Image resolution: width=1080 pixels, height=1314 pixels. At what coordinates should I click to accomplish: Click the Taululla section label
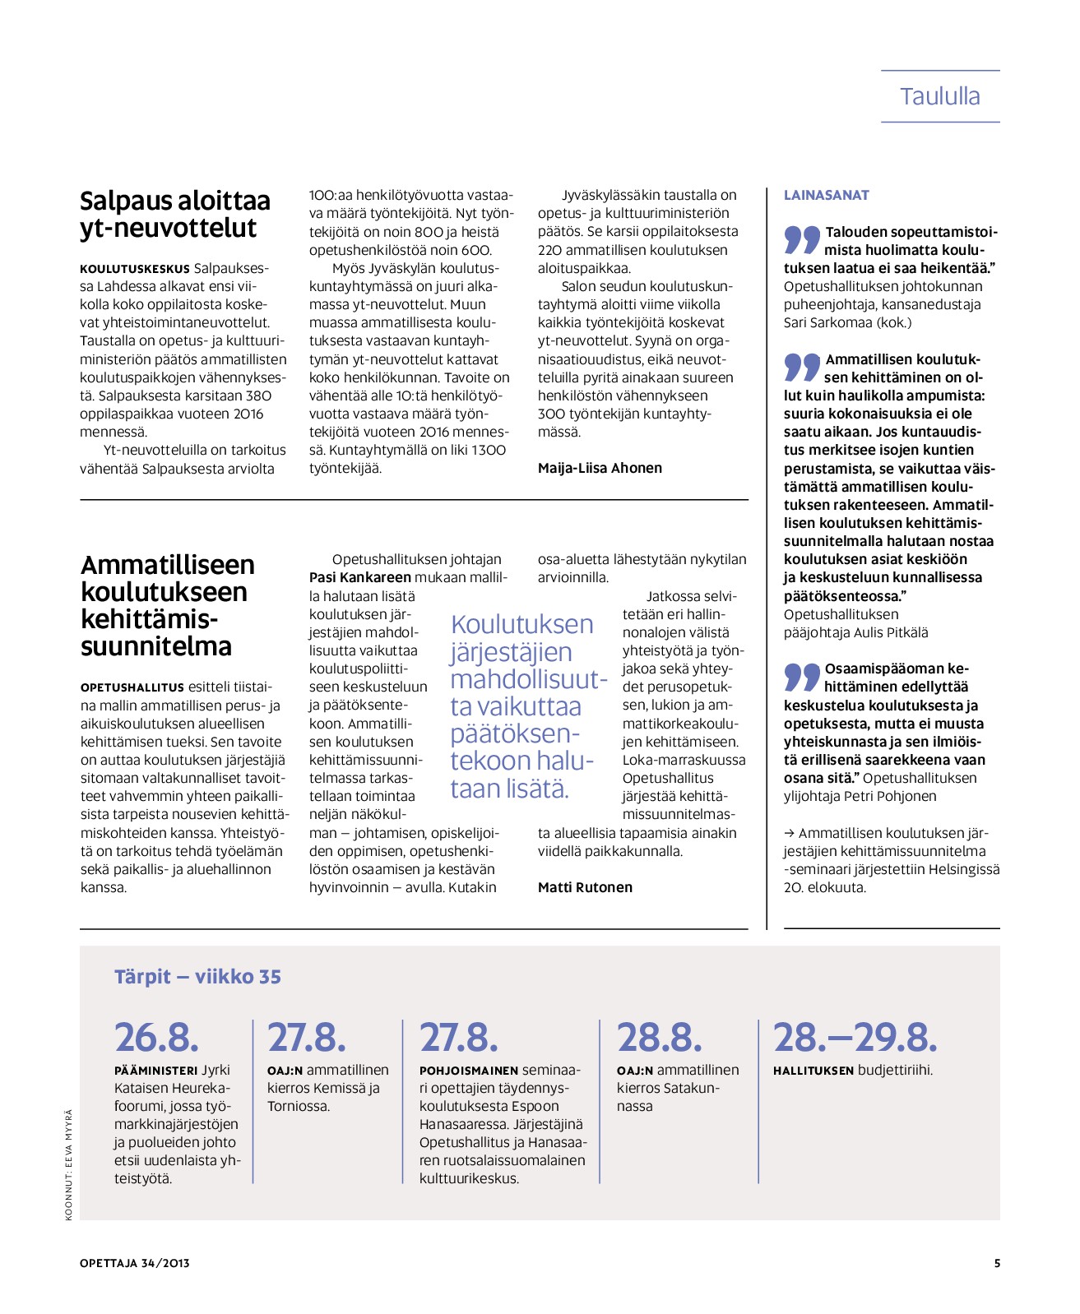[939, 96]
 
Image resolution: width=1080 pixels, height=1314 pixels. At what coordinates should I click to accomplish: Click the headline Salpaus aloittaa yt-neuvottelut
[174, 215]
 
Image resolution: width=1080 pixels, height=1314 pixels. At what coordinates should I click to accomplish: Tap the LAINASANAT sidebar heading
[826, 195]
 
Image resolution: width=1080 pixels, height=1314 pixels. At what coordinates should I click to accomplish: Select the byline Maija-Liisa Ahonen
[600, 468]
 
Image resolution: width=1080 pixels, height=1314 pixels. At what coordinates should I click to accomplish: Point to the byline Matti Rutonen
[585, 887]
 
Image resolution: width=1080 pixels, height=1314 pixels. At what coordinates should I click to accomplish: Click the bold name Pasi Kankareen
[359, 577]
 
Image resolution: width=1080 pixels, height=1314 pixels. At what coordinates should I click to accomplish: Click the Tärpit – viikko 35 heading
[197, 977]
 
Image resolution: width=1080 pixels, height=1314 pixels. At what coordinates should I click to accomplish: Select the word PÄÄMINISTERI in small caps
[155, 1071]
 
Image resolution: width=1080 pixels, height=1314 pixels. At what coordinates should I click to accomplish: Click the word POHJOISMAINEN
[468, 1071]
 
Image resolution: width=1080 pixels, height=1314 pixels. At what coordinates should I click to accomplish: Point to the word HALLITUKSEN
[813, 1071]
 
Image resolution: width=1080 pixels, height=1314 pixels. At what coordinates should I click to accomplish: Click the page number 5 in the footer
[997, 1263]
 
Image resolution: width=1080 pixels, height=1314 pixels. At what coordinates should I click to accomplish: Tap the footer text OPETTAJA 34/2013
[135, 1263]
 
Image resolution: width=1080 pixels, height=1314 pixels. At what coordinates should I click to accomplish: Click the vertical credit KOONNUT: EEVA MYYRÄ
[69, 1164]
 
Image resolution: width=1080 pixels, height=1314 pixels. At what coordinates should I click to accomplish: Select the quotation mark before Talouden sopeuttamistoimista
[802, 238]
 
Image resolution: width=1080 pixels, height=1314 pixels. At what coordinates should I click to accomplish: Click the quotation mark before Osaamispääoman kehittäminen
[802, 676]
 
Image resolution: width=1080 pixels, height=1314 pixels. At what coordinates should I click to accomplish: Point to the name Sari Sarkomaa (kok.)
[847, 322]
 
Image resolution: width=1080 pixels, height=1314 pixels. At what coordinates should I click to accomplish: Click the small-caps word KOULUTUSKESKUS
[134, 269]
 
